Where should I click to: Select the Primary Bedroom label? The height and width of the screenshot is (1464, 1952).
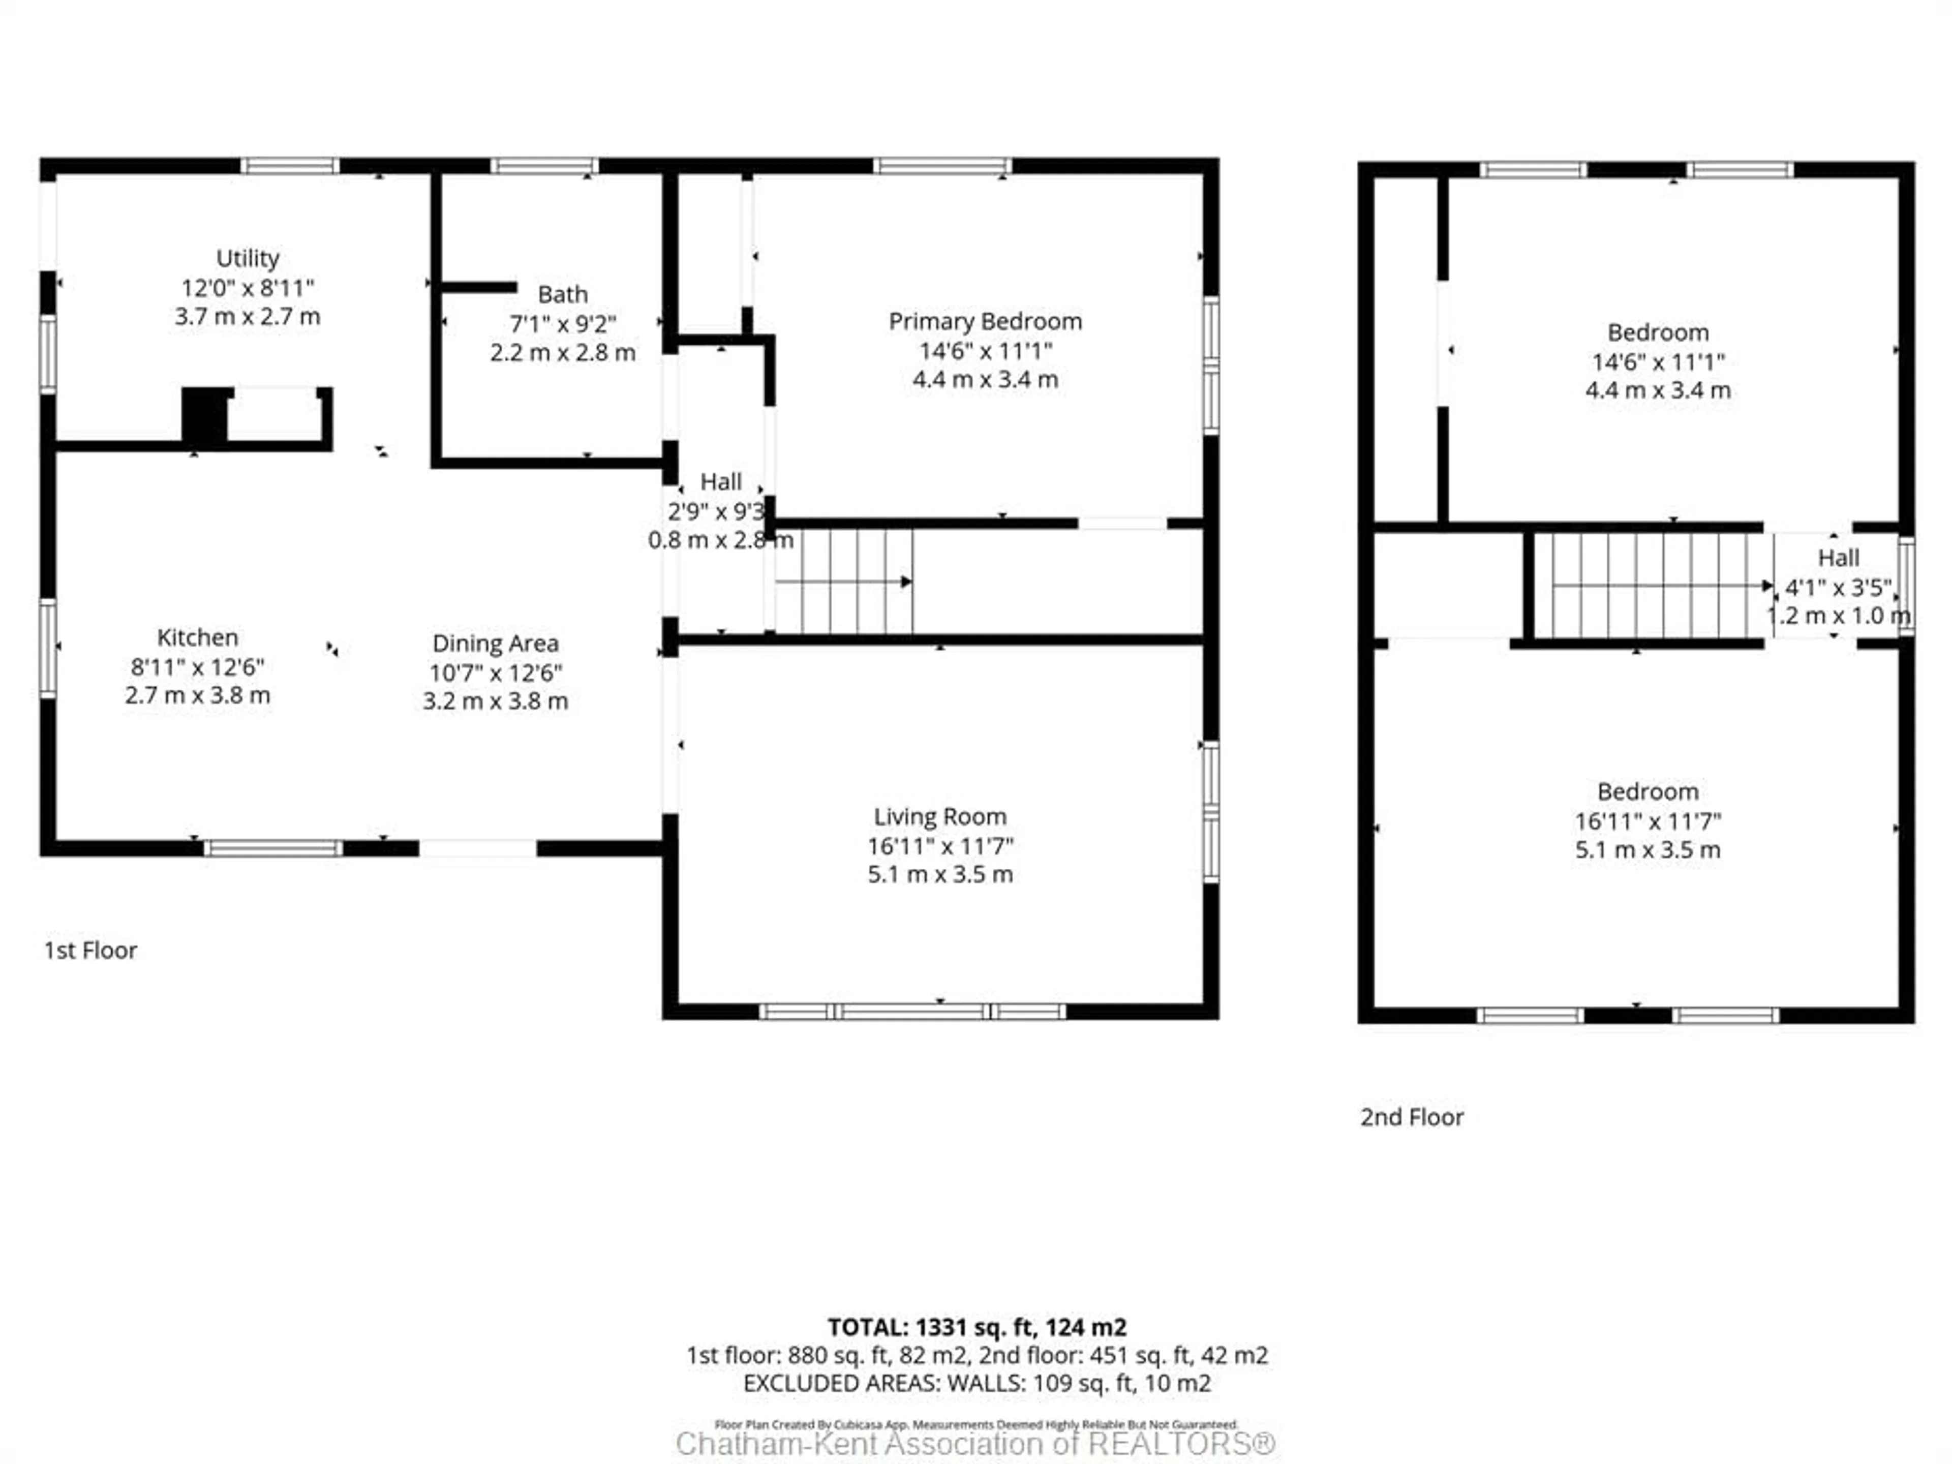pyautogui.click(x=985, y=321)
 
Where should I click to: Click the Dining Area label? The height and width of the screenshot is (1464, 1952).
pyautogui.click(x=495, y=644)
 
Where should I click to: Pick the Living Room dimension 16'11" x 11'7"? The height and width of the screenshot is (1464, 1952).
pyautogui.click(x=940, y=845)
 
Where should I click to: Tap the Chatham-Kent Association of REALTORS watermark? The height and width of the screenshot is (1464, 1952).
pyautogui.click(x=975, y=1444)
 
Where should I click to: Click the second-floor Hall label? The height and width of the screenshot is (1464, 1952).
pyautogui.click(x=1838, y=558)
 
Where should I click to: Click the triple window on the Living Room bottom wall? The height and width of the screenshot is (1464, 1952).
pyautogui.click(x=912, y=1011)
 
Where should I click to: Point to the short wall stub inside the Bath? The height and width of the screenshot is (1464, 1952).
pyautogui.click(x=478, y=287)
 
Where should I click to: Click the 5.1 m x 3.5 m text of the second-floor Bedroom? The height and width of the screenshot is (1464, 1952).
pyautogui.click(x=1648, y=850)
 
